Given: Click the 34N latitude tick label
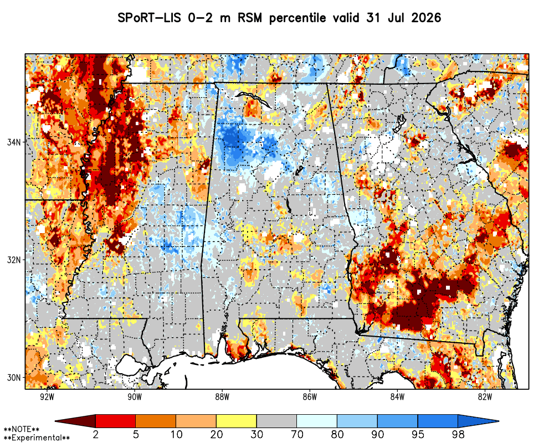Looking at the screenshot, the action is click(14, 142).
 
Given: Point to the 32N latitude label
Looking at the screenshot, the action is click(14, 260).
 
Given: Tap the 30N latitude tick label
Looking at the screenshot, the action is click(14, 378).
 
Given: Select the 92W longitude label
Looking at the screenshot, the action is click(47, 397).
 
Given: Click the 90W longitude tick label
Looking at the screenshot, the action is click(135, 397).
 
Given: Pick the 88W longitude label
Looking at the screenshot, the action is click(222, 397).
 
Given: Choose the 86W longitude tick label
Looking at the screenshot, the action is click(310, 397).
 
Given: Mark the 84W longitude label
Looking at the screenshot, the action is click(397, 397).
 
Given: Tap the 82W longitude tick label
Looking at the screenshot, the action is click(485, 397).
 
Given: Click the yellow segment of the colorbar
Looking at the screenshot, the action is click(237, 421).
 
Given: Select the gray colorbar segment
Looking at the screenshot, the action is click(276, 421).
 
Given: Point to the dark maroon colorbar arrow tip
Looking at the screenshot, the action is click(56, 421).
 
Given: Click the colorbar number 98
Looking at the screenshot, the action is click(458, 434).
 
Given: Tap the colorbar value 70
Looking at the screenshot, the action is click(297, 434).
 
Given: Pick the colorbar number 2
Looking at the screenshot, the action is click(96, 434).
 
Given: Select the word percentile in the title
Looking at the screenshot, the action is click(297, 18).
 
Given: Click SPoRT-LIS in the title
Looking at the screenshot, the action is click(150, 18).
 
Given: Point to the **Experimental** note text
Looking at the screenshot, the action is click(37, 438).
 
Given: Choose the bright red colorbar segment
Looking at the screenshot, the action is click(116, 421).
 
